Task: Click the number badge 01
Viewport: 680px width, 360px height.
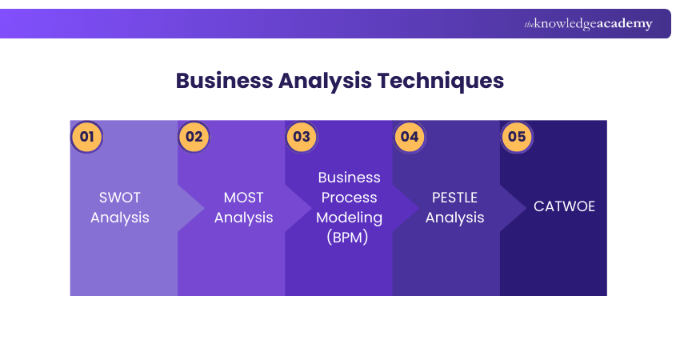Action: tap(86, 136)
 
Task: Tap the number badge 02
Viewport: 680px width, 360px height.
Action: tap(194, 136)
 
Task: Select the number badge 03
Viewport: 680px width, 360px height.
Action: tap(301, 136)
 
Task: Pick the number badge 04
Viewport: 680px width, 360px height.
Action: tap(409, 136)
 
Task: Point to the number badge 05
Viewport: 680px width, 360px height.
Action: tap(516, 136)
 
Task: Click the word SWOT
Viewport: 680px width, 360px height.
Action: tap(119, 198)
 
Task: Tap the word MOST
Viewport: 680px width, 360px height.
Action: tap(243, 198)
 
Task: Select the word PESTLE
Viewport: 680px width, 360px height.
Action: tap(454, 198)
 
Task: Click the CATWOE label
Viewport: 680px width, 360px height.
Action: tap(564, 206)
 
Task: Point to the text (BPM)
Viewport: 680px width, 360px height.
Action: tap(350, 237)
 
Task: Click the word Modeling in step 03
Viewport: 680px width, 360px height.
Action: tap(350, 217)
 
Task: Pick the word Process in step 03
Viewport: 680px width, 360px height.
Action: tap(350, 197)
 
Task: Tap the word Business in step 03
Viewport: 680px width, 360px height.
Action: tap(350, 177)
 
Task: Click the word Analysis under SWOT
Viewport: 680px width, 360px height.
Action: tap(119, 218)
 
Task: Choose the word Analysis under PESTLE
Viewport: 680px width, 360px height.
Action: tap(454, 218)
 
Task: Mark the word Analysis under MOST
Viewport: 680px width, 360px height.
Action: tap(243, 218)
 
